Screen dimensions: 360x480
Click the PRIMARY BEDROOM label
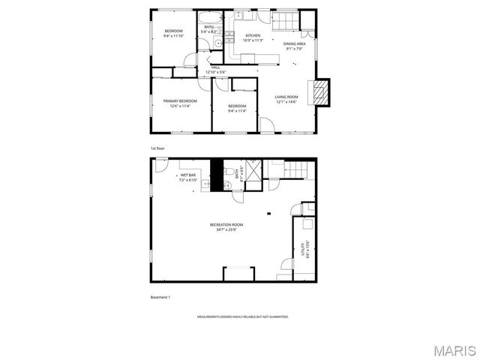(180, 100)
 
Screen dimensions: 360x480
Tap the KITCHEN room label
(253, 35)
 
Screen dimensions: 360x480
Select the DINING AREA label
(294, 44)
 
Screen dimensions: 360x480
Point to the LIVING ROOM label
(286, 97)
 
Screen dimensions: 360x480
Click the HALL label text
(216, 67)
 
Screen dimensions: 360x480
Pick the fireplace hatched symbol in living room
(320, 92)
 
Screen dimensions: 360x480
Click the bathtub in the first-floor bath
(208, 17)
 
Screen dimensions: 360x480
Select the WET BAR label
(187, 175)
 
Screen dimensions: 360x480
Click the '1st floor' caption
(157, 148)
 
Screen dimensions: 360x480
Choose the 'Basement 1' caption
(160, 298)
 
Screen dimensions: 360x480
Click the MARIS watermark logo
(453, 350)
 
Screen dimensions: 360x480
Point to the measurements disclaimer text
(242, 317)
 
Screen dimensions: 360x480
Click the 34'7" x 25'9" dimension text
(226, 229)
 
